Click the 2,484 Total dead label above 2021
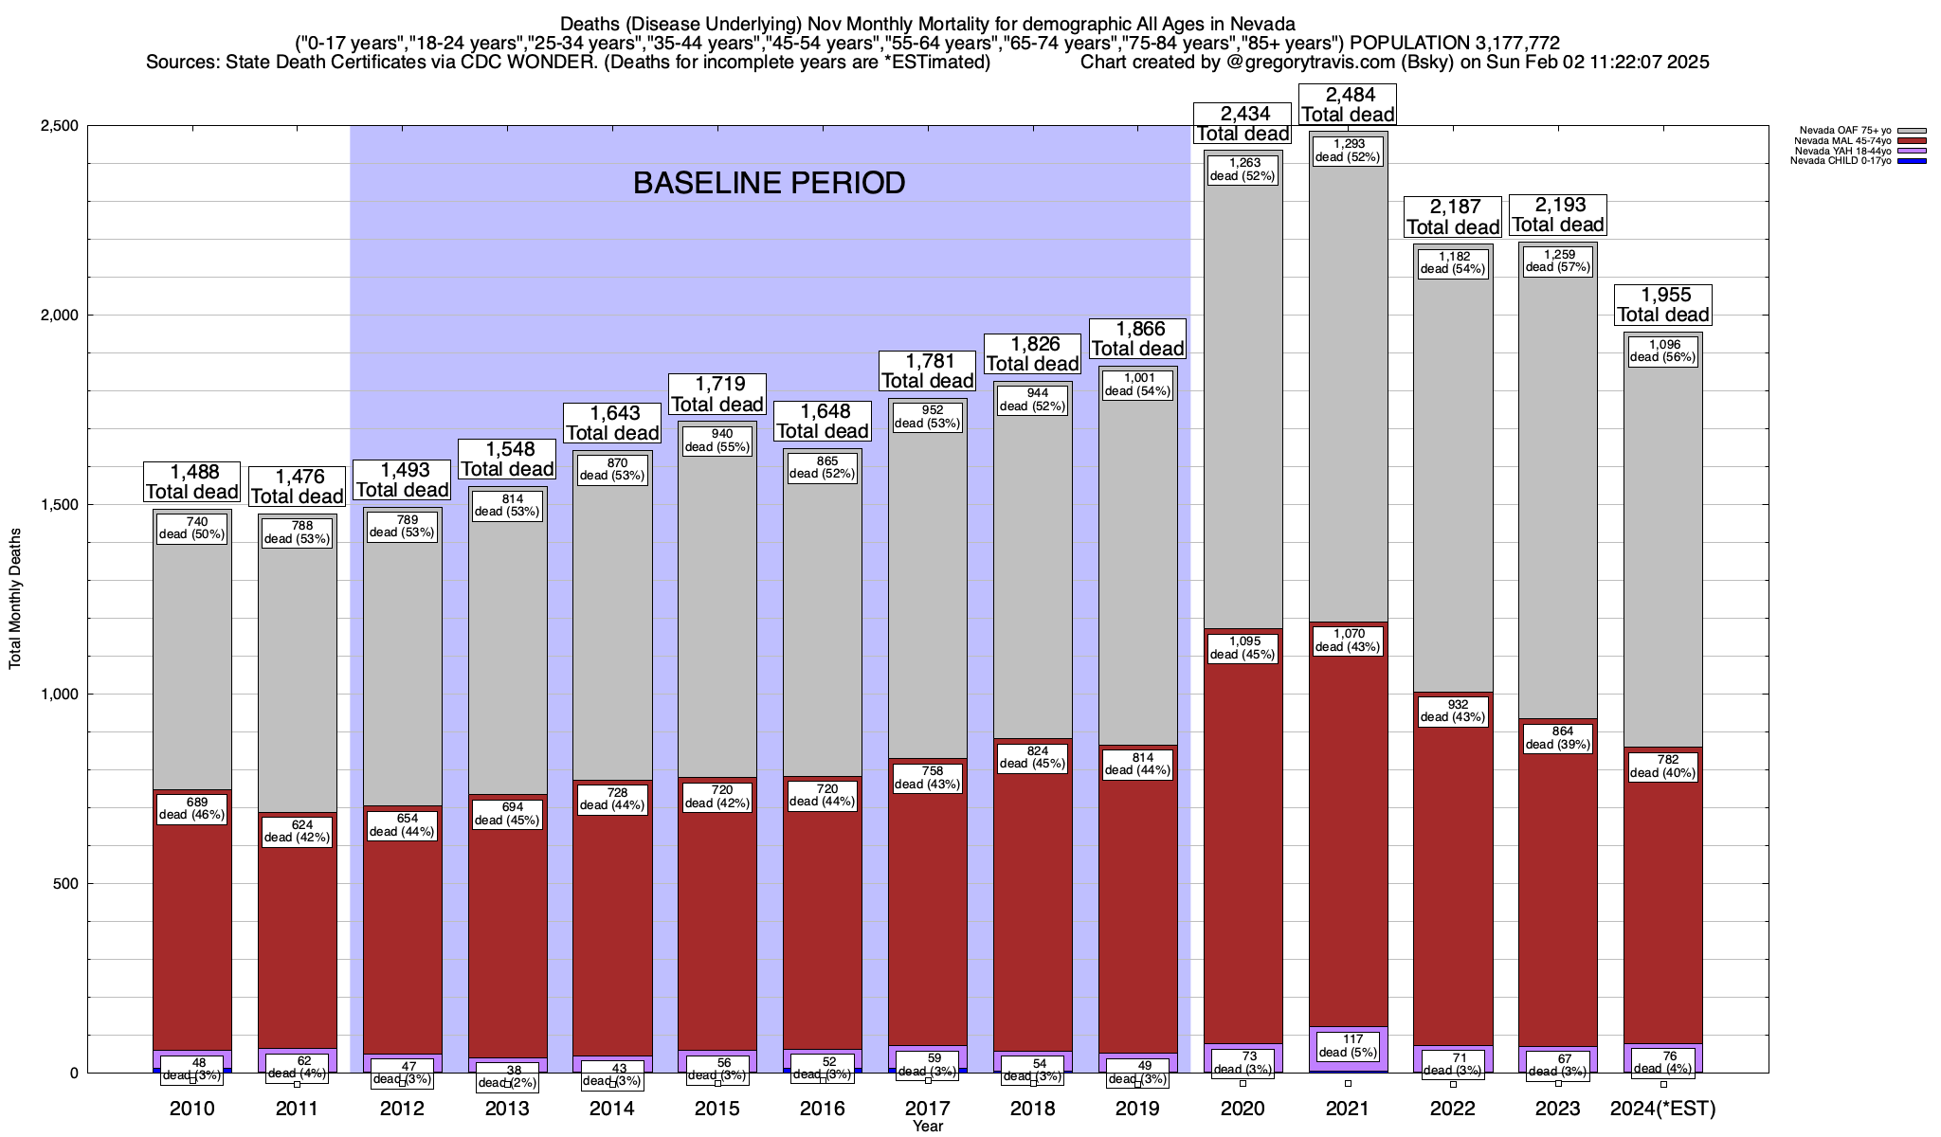pos(1347,104)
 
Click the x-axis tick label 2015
pos(717,1109)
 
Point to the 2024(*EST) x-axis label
pos(1663,1109)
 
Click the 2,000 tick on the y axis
pos(60,316)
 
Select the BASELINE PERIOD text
pos(769,183)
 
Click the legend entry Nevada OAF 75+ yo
pos(1842,131)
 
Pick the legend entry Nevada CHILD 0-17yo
pos(1841,161)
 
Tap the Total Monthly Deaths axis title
pos(15,599)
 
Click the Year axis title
pos(928,1127)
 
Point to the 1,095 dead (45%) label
pos(1243,648)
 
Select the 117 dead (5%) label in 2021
pos(1347,1046)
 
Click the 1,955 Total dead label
pos(1662,305)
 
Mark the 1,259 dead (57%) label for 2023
pos(1558,261)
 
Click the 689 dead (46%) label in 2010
pos(192,808)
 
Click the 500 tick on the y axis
pos(65,884)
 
